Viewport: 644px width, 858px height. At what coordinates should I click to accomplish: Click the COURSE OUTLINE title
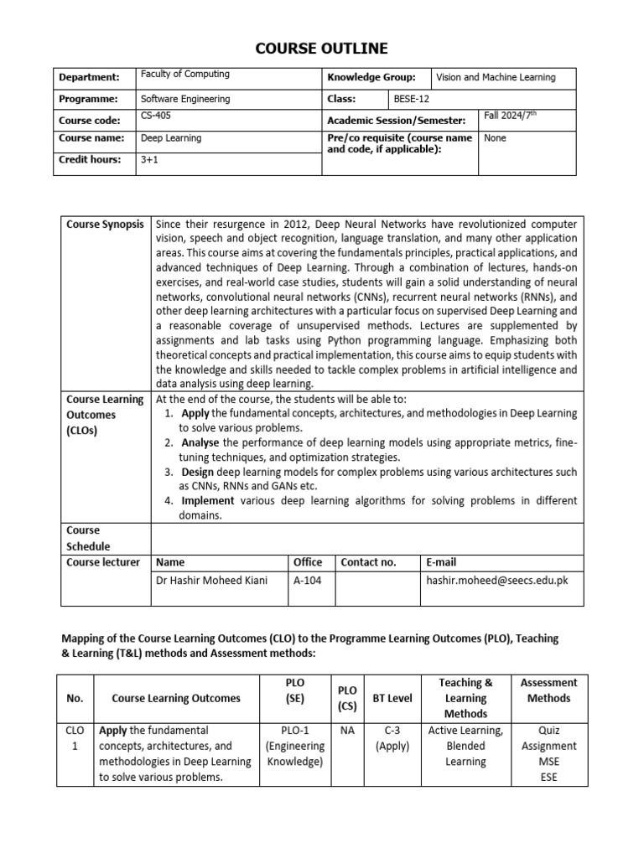[322, 48]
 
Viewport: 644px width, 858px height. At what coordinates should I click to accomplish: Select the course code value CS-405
[153, 117]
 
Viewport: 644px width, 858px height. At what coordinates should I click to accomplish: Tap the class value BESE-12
[411, 99]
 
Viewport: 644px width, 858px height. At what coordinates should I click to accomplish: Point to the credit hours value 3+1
[148, 160]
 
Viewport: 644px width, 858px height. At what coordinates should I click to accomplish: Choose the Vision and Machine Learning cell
[496, 77]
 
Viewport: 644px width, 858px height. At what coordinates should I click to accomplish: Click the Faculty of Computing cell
[184, 75]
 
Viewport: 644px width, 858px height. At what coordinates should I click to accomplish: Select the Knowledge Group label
[371, 77]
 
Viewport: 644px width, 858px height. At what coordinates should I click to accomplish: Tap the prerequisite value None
[495, 138]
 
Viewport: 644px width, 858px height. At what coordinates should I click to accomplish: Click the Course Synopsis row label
[105, 225]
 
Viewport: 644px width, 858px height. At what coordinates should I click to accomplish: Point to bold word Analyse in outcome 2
[199, 442]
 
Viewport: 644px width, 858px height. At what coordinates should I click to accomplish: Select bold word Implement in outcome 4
[207, 500]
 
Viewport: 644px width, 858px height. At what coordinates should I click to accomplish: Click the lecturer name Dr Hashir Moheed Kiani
[211, 579]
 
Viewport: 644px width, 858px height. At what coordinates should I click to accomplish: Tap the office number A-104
[306, 579]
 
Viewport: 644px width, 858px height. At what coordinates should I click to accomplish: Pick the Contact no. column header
[368, 562]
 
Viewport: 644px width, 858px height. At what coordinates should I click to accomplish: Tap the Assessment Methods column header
[549, 690]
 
